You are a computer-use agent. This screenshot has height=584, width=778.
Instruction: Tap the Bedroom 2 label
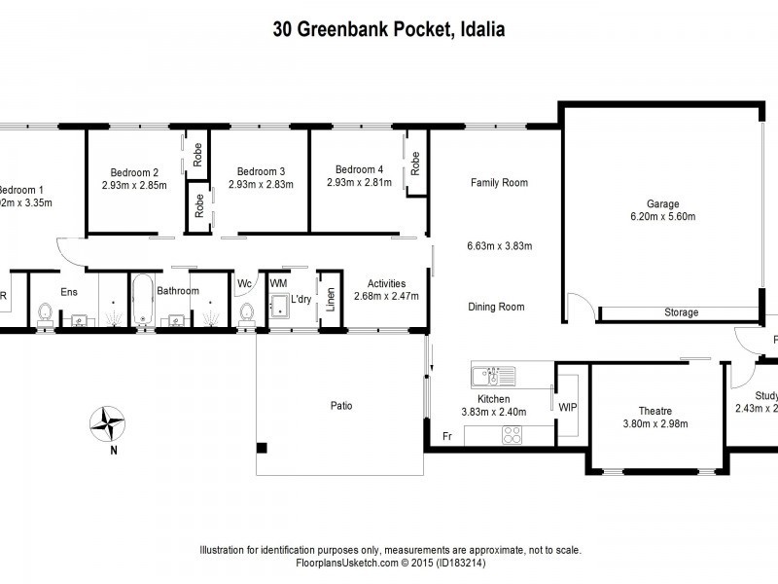(134, 170)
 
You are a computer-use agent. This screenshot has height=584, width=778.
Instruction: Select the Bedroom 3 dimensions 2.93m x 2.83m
(261, 184)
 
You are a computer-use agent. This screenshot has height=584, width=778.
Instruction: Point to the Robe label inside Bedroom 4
(415, 163)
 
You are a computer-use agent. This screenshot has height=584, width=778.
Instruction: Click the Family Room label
(499, 183)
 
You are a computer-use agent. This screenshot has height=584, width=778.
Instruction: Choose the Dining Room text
(497, 307)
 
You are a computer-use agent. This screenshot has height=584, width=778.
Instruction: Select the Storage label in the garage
(681, 312)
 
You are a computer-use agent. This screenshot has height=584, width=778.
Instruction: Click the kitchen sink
(492, 375)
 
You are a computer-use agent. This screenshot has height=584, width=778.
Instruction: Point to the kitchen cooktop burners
(513, 435)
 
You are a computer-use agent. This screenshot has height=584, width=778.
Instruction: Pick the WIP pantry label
(568, 407)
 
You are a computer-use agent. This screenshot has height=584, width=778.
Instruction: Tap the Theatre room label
(654, 411)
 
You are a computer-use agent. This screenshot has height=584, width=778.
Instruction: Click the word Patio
(339, 406)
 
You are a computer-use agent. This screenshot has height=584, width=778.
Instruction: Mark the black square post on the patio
(262, 448)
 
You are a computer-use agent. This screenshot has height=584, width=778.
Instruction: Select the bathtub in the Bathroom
(143, 300)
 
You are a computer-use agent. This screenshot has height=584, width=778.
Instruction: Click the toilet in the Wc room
(246, 310)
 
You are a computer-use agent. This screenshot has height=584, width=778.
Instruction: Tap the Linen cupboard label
(331, 295)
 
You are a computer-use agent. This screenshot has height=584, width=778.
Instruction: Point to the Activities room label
(386, 283)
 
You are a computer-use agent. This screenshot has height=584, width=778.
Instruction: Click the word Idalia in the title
(480, 29)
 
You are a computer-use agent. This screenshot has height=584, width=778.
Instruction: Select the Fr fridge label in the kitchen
(447, 436)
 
